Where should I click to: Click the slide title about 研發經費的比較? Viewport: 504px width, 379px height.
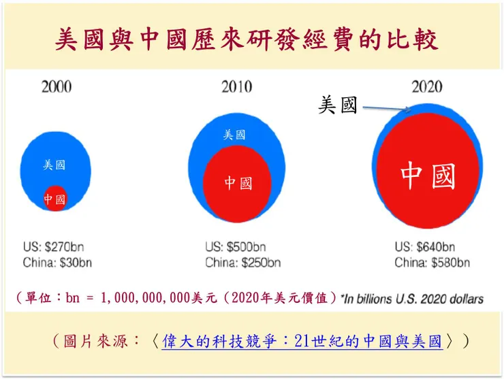coord(246,40)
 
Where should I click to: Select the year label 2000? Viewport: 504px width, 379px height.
coord(57,87)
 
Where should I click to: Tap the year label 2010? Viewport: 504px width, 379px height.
coord(236,87)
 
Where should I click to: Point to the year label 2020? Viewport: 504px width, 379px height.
coord(426,87)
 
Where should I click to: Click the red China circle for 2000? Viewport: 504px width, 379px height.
coord(54,198)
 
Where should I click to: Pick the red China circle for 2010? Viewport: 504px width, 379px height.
coord(237,183)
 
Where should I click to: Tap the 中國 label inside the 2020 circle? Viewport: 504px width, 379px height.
coord(428,175)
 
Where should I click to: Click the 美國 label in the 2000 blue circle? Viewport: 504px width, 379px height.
coord(54,165)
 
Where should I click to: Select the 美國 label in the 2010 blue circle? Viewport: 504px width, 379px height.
coord(235,135)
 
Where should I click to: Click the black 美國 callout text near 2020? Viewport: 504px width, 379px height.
coord(338,105)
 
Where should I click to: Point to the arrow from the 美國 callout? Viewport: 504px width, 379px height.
coord(386,108)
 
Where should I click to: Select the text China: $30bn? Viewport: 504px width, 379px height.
coord(58,263)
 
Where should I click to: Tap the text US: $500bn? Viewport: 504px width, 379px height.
coord(236,247)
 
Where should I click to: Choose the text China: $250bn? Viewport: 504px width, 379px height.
coord(242,263)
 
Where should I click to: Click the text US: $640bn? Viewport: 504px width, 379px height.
coord(425,247)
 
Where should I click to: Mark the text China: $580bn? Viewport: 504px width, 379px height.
coord(432,263)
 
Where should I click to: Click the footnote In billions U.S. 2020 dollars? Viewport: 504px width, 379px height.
coord(413,298)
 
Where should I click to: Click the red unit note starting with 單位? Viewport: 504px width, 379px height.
coord(176,298)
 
